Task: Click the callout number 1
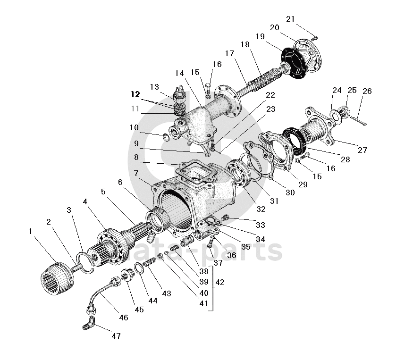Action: [x=31, y=232]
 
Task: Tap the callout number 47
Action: [x=116, y=336]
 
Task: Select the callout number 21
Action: [x=290, y=19]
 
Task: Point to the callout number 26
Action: [x=367, y=91]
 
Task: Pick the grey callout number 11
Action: [x=136, y=109]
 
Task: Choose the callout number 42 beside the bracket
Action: [x=219, y=282]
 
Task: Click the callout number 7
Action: [x=135, y=173]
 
